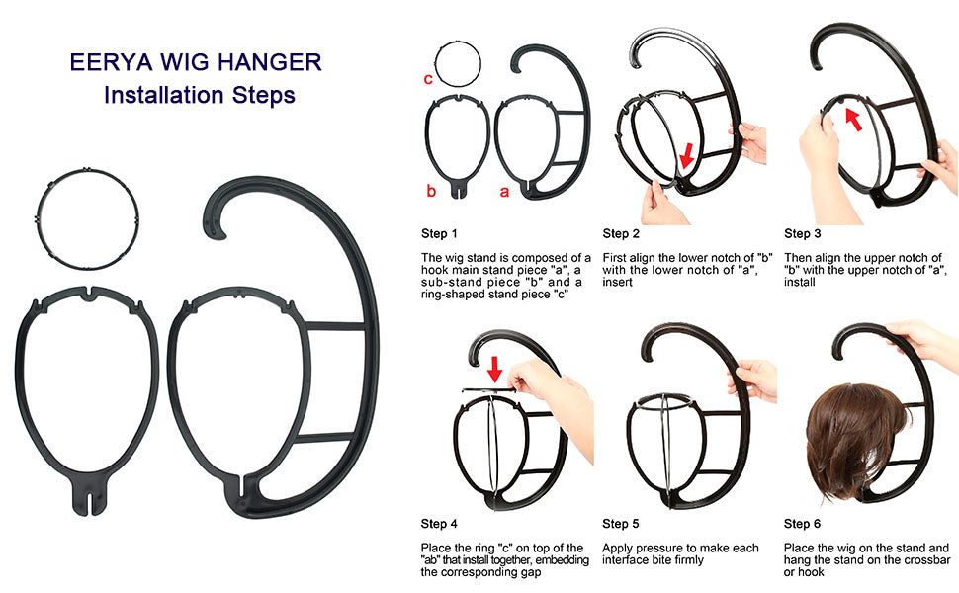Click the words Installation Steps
click(x=199, y=96)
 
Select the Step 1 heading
click(x=439, y=234)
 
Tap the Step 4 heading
click(x=439, y=524)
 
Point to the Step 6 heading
click(x=803, y=524)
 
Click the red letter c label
click(x=428, y=78)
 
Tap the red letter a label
click(x=504, y=192)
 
